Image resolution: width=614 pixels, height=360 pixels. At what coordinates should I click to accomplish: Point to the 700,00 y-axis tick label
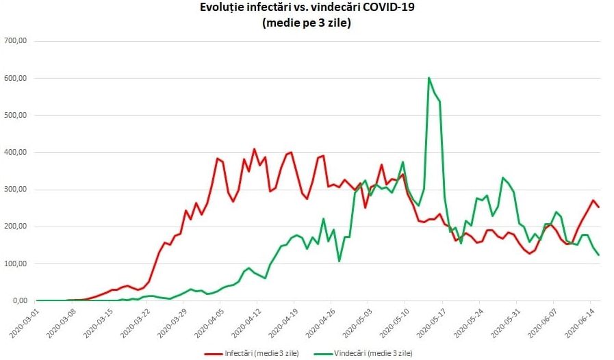pos(15,41)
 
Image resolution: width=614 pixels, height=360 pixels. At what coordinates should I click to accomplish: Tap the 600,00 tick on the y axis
pos(15,78)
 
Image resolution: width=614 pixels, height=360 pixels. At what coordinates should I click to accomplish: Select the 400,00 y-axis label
pos(15,152)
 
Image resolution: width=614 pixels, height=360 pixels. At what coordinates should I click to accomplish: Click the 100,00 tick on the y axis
pos(15,263)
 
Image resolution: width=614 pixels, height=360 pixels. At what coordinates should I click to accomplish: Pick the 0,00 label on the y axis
pos(18,300)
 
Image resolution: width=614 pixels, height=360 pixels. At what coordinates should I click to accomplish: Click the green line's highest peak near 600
pos(428,78)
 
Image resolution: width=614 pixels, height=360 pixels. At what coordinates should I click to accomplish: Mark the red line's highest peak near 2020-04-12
pos(254,149)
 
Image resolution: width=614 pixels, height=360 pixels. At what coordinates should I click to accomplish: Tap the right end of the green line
pos(599,255)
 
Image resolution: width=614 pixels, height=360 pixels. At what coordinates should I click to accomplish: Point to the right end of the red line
pos(599,207)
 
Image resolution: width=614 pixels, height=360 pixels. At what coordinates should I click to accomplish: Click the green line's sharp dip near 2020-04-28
pos(339,261)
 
